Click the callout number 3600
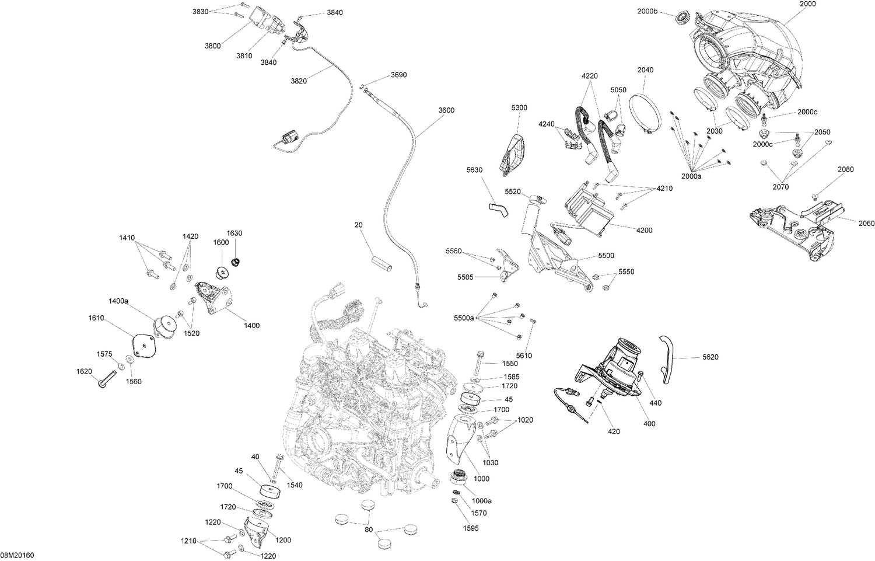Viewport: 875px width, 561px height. click(x=446, y=110)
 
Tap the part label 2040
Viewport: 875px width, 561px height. click(x=645, y=70)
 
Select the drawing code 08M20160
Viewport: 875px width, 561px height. click(x=17, y=555)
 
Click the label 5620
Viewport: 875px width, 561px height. click(x=710, y=357)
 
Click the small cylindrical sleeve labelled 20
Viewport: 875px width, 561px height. click(x=381, y=264)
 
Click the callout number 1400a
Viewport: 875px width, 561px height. click(x=118, y=301)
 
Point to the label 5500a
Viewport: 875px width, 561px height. click(x=464, y=318)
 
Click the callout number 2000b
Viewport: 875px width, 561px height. click(x=647, y=11)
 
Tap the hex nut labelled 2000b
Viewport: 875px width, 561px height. click(x=682, y=18)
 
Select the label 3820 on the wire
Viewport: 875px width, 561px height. click(x=299, y=81)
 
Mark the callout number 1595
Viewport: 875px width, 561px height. click(x=471, y=528)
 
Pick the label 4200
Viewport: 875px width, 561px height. click(x=644, y=230)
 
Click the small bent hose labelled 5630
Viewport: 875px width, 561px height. click(x=498, y=209)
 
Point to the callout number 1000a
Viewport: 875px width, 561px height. click(x=482, y=501)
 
